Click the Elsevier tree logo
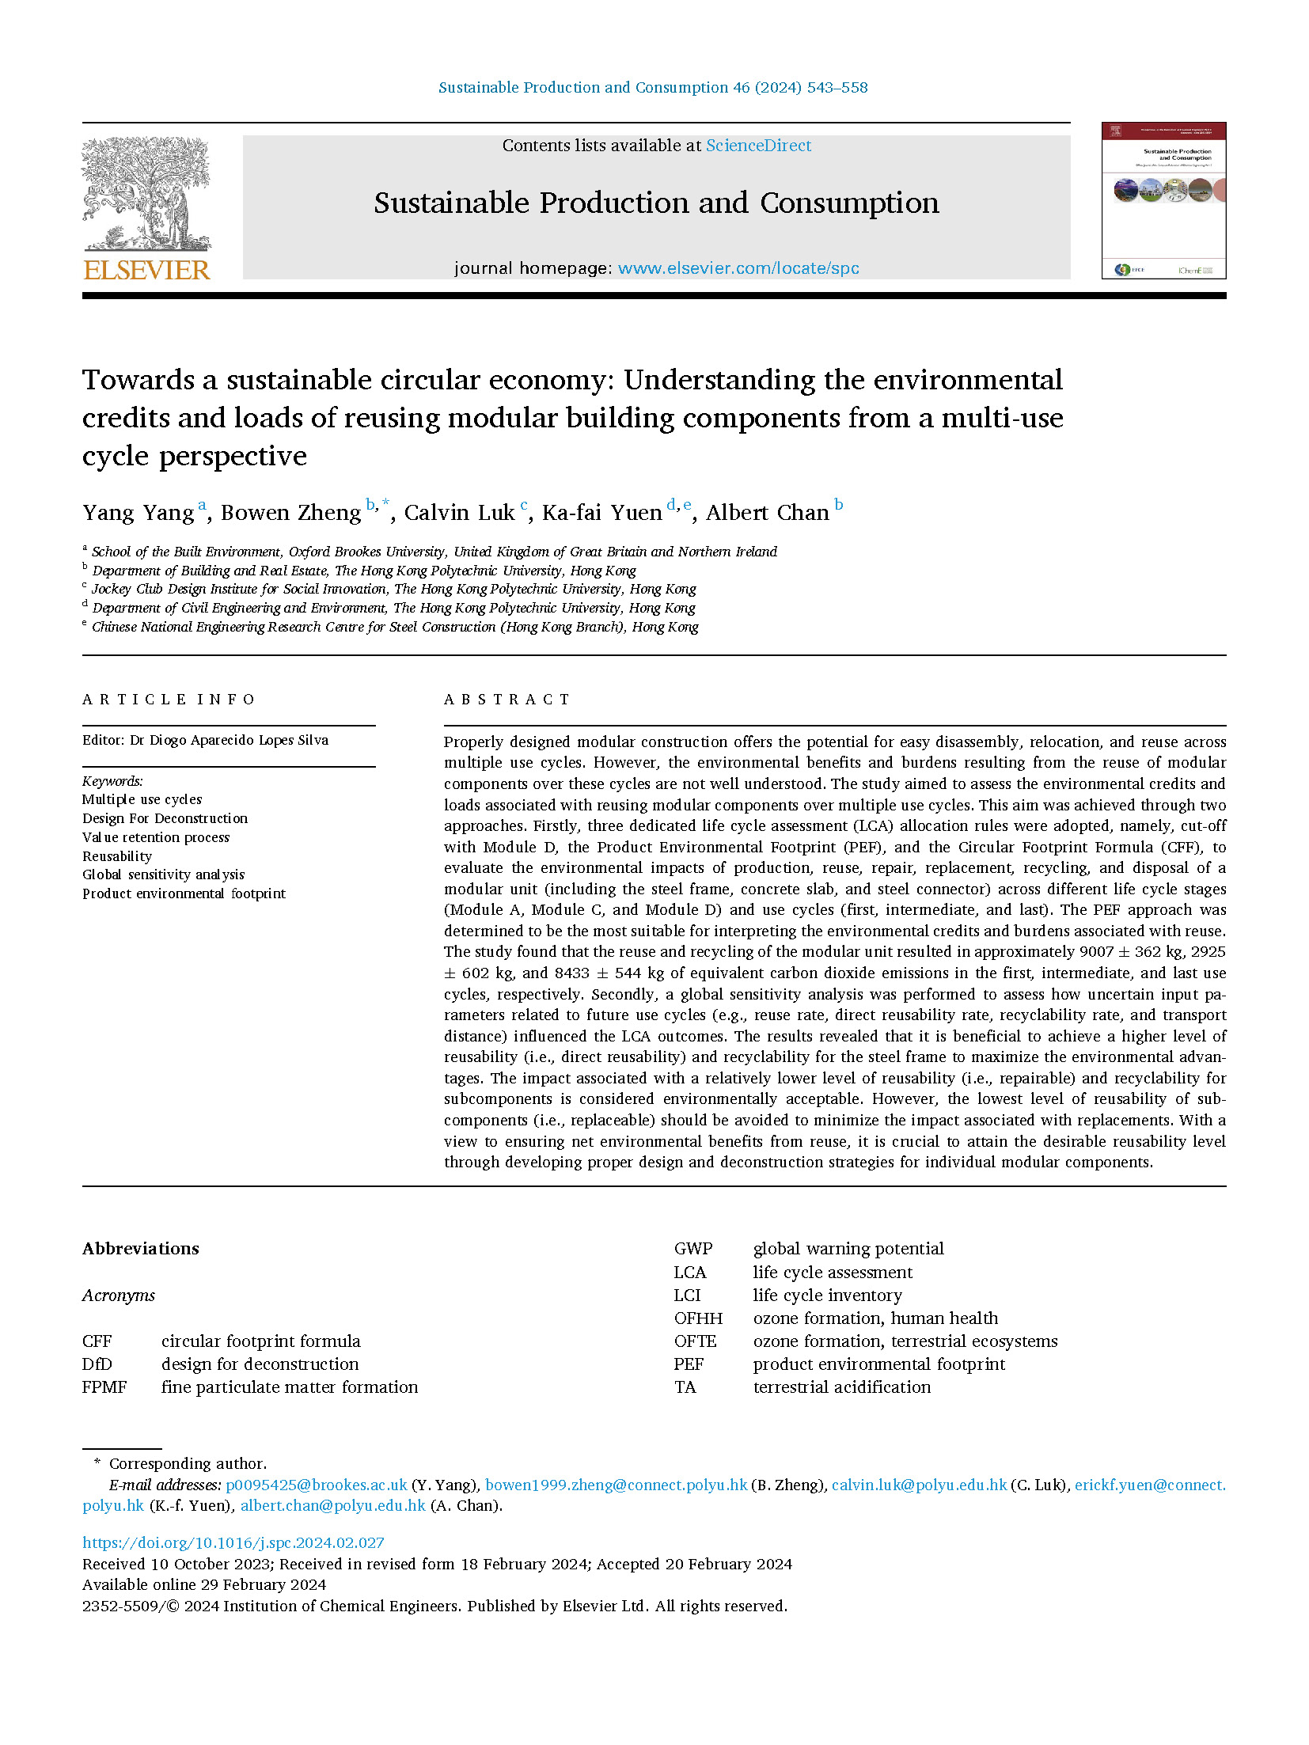coord(146,194)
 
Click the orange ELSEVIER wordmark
coord(146,271)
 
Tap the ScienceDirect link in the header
coord(758,146)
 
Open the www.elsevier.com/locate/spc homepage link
coord(738,268)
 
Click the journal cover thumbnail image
coord(1163,200)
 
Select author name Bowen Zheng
coord(290,513)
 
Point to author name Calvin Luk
coord(459,513)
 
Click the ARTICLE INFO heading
coord(169,700)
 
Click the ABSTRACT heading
coord(507,700)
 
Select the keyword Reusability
coord(117,856)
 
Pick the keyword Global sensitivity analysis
coord(163,874)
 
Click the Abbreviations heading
coord(141,1249)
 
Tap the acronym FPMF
coord(104,1387)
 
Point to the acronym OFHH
coord(698,1318)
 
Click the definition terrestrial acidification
coord(841,1387)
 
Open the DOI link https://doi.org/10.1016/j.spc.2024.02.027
coord(233,1542)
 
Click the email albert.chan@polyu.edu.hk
coord(333,1505)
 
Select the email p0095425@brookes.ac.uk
coord(317,1485)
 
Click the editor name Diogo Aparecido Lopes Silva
coord(239,740)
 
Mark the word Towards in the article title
coord(138,380)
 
